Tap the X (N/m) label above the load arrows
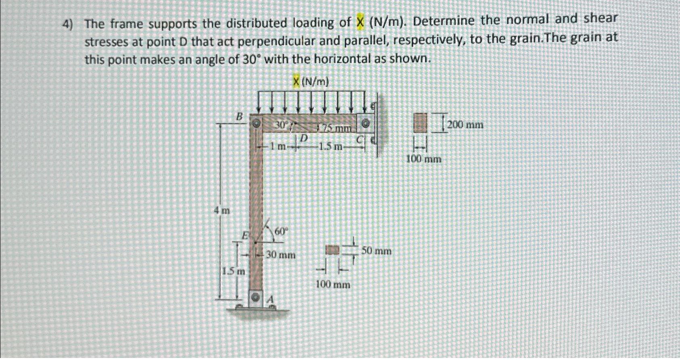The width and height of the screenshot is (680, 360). (x=311, y=82)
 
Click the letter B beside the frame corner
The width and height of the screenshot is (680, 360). (x=239, y=117)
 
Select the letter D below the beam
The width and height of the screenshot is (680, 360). (x=304, y=138)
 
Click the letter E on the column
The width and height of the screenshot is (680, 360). (x=245, y=235)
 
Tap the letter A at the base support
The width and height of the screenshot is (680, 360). (x=271, y=299)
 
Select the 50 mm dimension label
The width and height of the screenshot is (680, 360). (x=376, y=251)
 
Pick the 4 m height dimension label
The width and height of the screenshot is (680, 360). (x=222, y=210)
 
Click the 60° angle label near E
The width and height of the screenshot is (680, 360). (x=281, y=231)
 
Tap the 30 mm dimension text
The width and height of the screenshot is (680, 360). (x=281, y=255)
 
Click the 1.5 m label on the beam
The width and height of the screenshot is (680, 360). (x=331, y=147)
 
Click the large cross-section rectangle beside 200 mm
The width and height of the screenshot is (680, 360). (x=420, y=122)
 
